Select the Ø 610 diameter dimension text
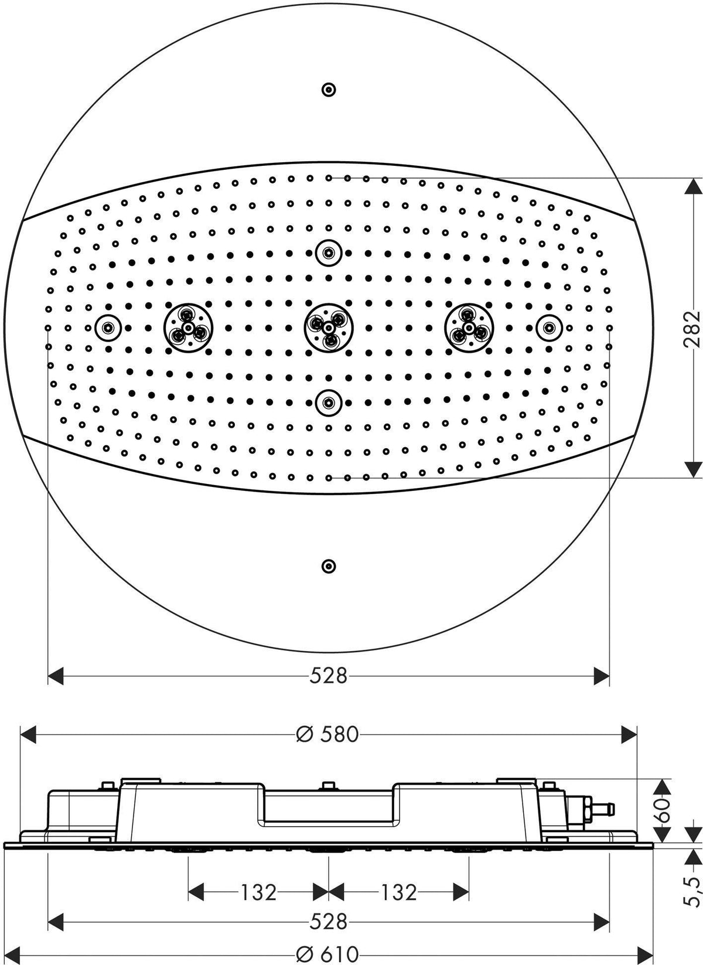pyautogui.click(x=328, y=953)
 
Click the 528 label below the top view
pyautogui.click(x=328, y=676)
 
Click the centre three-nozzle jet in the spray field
pyautogui.click(x=329, y=328)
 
